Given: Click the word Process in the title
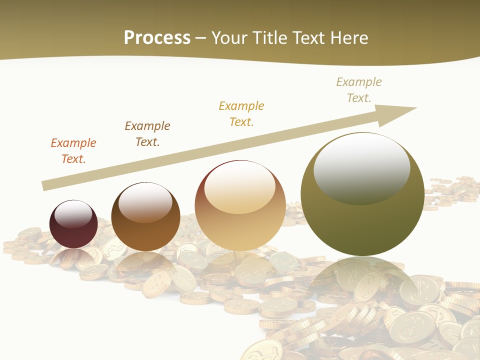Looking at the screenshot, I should [157, 38].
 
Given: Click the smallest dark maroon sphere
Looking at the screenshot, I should [73, 224].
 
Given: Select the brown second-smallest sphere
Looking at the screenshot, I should [145, 216].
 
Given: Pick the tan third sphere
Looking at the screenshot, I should [240, 206].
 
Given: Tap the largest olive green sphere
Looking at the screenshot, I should [362, 194].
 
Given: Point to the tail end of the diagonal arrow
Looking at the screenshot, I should [44, 186].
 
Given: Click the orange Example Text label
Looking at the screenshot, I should [73, 150].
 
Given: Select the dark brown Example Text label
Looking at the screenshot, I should [147, 133].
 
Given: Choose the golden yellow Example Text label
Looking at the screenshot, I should [241, 113].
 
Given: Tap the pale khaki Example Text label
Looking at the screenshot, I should [358, 89].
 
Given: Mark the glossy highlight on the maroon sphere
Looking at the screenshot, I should [73, 214].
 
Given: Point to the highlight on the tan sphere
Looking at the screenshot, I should [239, 186].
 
